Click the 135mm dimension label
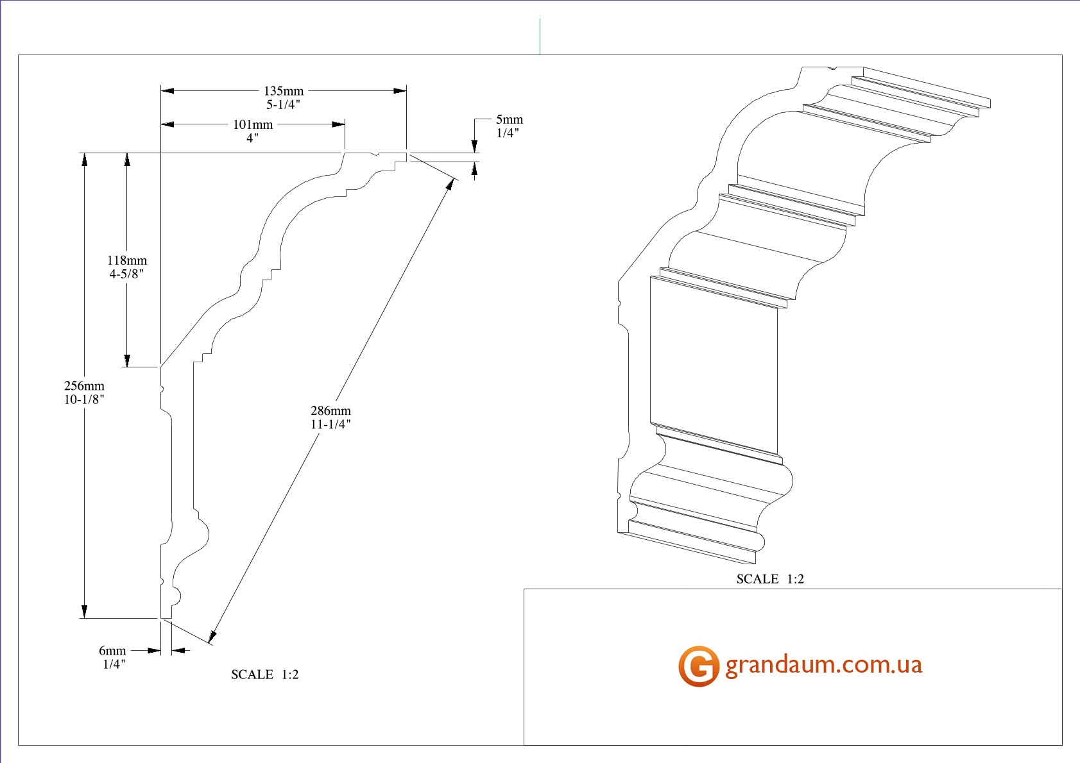tap(284, 91)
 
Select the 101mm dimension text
tap(253, 125)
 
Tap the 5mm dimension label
tap(510, 119)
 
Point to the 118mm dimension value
tap(127, 260)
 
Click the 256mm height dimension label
tap(84, 386)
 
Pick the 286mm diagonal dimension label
tap(330, 411)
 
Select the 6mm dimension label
tap(112, 651)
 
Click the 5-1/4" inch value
tap(284, 105)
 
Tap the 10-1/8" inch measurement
tap(84, 399)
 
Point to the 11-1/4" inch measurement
tap(330, 424)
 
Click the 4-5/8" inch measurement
tap(127, 274)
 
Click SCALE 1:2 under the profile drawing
tap(264, 675)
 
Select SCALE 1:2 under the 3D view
tap(770, 579)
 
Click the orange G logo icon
tap(699, 666)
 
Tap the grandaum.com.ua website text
tap(823, 665)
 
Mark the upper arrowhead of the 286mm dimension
tap(450, 184)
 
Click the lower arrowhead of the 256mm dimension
tap(84, 612)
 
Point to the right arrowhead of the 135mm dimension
tap(400, 90)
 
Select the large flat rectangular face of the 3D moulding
tap(714, 366)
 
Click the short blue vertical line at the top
tap(540, 37)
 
